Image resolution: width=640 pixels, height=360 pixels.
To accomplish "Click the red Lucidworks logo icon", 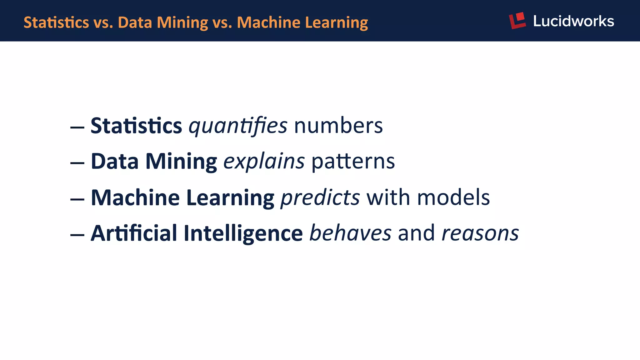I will point(517,21).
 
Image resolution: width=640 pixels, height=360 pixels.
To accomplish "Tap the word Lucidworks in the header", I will point(573,21).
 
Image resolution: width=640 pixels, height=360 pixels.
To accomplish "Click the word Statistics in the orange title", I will point(56,22).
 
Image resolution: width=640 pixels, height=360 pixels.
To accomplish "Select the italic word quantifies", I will point(238,126).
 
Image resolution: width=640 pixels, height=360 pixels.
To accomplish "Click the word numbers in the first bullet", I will point(338,126).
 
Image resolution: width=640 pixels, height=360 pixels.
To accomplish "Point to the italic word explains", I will point(264,162).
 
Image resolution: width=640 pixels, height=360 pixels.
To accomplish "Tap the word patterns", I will point(353,162).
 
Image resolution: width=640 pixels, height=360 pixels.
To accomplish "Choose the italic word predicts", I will point(320,198).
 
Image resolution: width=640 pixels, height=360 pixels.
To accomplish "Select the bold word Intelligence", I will point(243,233).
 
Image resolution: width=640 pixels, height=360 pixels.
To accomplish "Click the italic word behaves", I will point(350,233).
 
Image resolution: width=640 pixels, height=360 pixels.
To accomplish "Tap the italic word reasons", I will point(480,233).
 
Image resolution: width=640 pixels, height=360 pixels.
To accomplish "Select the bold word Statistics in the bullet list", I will point(136,126).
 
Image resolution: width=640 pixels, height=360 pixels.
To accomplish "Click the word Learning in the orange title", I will point(336,22).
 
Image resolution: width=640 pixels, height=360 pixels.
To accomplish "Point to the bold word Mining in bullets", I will point(181,162).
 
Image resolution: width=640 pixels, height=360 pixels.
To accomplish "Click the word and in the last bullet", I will point(416,233).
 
